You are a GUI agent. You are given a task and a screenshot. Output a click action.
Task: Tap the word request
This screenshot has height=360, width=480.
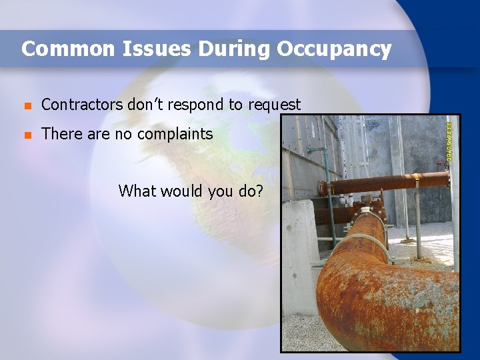[275, 105]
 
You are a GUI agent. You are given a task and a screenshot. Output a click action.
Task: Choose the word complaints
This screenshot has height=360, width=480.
[175, 135]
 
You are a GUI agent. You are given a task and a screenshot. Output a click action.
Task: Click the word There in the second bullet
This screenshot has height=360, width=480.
[61, 134]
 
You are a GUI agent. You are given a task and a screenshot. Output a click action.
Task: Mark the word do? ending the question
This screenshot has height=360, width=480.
[250, 191]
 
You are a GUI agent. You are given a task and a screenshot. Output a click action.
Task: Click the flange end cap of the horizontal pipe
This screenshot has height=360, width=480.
[323, 189]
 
